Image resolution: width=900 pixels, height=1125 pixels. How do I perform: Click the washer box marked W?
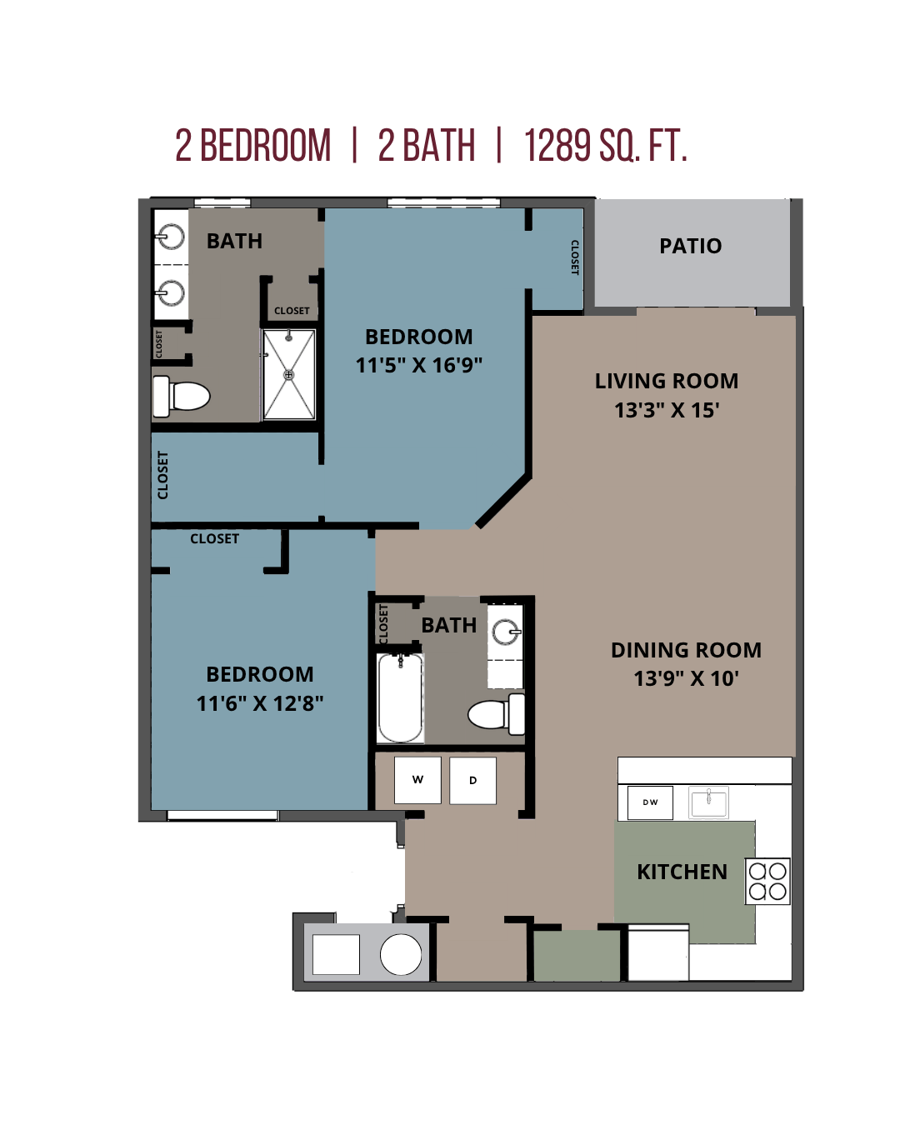point(417,780)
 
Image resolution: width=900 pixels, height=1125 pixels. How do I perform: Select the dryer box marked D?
point(472,781)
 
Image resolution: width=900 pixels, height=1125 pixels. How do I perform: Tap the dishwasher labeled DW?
point(650,802)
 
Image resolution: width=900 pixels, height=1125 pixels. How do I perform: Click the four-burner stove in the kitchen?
point(767,882)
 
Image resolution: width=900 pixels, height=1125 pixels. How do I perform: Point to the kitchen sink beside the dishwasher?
point(708,802)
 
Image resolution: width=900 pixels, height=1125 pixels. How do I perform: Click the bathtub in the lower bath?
point(400,697)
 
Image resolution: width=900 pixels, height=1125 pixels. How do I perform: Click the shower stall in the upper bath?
point(289,375)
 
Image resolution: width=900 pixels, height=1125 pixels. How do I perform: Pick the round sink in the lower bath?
point(505,632)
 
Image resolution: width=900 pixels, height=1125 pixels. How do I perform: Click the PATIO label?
point(690,246)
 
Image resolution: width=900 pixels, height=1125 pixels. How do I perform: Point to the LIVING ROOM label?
point(666,381)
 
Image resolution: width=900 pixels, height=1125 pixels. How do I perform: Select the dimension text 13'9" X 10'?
point(686,678)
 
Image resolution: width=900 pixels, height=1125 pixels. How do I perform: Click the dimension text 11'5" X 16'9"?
point(418,365)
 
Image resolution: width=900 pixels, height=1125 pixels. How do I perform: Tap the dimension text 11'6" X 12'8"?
point(259,703)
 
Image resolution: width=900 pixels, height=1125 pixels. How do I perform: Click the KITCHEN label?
point(682,872)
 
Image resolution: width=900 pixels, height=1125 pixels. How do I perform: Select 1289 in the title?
point(557,146)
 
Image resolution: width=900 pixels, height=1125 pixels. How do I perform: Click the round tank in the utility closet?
point(401,954)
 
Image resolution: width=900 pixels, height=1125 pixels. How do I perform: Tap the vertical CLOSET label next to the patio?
point(574,257)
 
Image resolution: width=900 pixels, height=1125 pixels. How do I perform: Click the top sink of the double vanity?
point(172,237)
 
